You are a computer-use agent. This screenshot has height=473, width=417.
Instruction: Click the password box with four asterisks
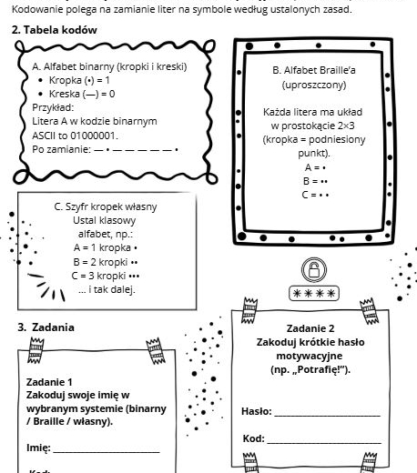point(313,293)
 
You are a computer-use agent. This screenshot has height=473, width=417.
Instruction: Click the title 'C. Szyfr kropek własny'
point(107,206)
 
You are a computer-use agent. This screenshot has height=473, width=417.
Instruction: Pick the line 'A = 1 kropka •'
point(106,247)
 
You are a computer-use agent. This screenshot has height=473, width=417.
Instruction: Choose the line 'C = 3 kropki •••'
point(106,276)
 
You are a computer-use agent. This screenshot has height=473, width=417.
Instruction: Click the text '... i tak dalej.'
point(106,290)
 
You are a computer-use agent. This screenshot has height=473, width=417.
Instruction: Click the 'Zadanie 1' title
point(50,382)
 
